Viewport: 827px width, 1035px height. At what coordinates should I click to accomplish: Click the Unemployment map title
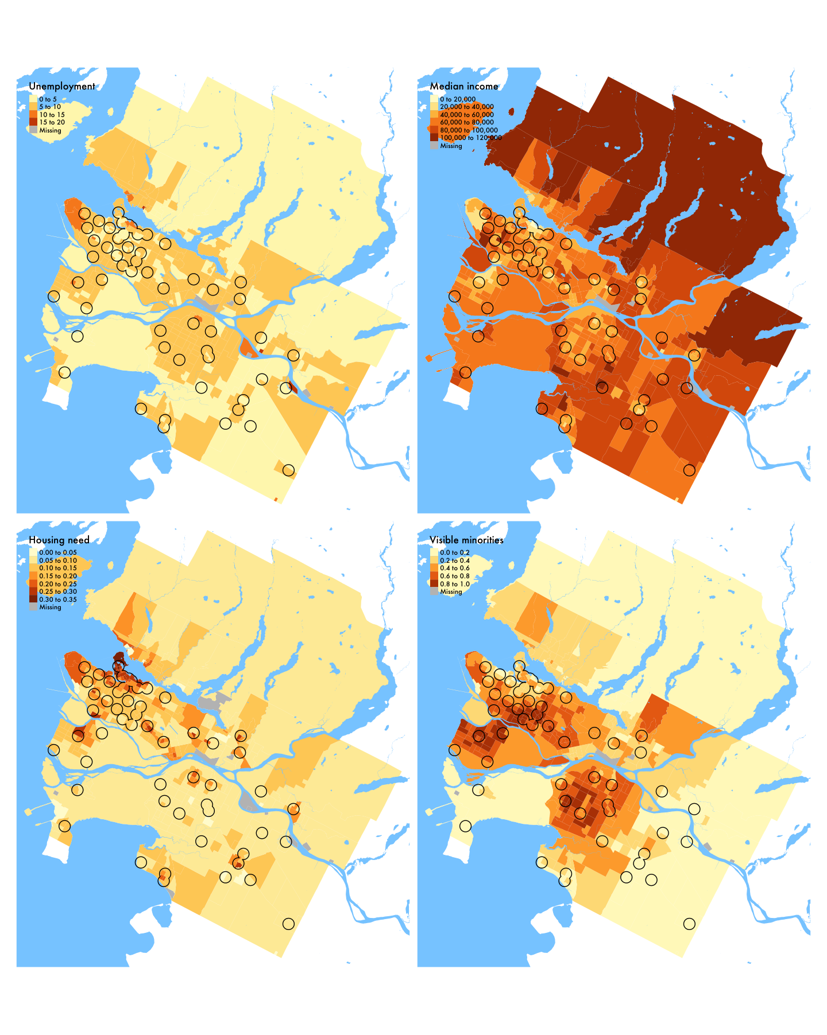62,87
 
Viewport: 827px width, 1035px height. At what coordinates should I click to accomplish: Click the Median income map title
464,87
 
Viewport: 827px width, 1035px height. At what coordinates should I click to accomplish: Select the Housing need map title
59,540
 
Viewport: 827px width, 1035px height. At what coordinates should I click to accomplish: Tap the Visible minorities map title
466,540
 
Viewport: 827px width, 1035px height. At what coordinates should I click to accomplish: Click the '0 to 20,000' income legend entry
457,99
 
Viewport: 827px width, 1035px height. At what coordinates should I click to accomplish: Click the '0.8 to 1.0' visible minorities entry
454,584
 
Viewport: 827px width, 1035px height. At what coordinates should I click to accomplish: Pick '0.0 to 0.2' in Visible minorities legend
454,553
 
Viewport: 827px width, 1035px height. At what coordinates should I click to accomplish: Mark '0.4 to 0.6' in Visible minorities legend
454,569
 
